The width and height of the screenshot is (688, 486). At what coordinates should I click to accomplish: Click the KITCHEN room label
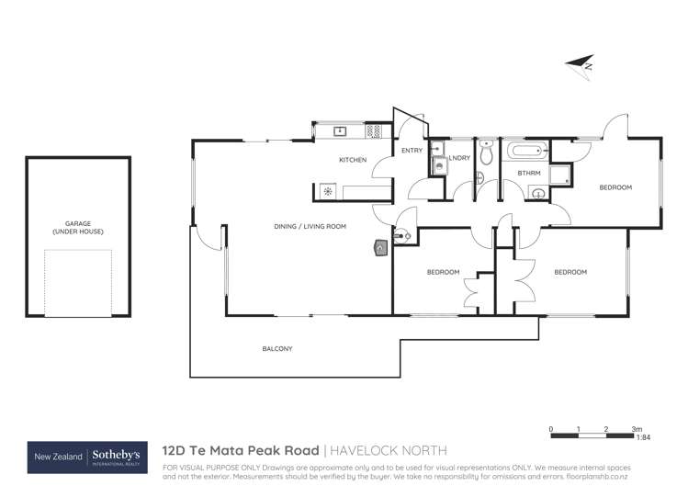point(353,161)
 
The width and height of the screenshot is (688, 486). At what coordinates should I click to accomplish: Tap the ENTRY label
point(412,151)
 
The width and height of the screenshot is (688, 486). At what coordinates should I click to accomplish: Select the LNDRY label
point(459,159)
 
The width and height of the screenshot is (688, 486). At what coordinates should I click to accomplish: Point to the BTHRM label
point(528,173)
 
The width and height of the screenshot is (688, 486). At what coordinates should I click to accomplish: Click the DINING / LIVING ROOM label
point(310,226)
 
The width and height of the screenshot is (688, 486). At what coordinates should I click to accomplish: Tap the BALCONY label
point(277,348)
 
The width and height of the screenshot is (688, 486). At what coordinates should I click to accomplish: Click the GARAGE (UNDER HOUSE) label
point(78,227)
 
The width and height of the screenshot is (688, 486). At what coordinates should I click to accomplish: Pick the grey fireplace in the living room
point(381,246)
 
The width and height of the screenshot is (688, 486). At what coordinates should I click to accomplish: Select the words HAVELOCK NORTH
point(389,451)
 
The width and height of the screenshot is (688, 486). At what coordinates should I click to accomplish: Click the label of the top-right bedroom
point(615,187)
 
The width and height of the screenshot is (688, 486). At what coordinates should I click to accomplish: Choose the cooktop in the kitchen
point(328,192)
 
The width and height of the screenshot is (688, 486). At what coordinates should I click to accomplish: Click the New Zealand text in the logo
point(57,457)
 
